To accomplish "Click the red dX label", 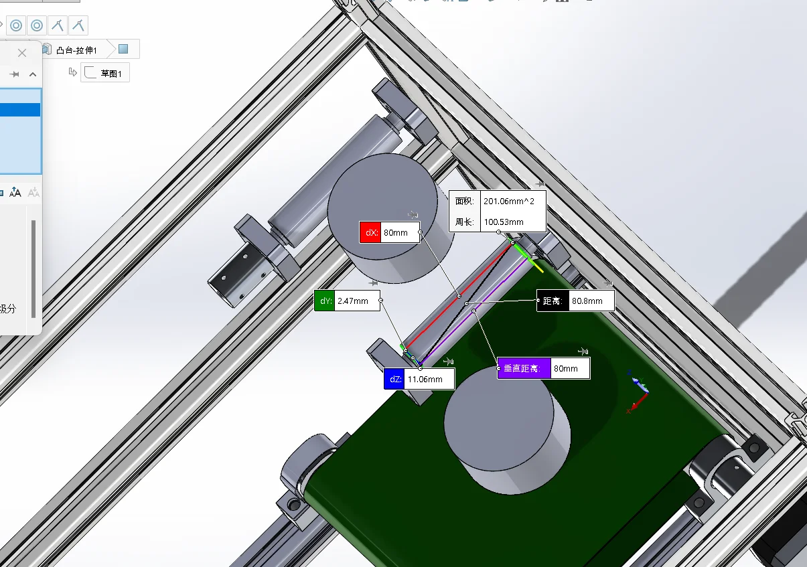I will click(370, 233).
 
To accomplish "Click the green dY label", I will click(325, 301).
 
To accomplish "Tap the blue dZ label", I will click(394, 380).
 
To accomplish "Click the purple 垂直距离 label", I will click(524, 368).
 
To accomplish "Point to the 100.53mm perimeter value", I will click(504, 222).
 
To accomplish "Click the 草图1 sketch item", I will click(111, 74).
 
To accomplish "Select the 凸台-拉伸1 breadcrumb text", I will click(76, 50).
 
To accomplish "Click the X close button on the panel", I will click(22, 53).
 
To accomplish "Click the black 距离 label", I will click(553, 301).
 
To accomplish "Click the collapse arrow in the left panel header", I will click(32, 74).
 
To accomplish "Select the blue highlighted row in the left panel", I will click(20, 110).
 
